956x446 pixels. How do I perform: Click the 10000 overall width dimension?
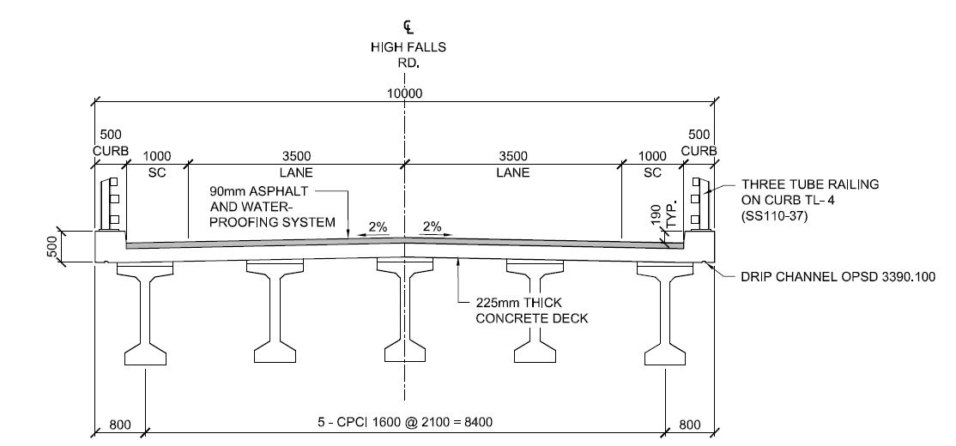pyautogui.click(x=403, y=93)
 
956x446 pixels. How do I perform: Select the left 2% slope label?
pyautogui.click(x=378, y=227)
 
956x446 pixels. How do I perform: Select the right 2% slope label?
pyautogui.click(x=431, y=227)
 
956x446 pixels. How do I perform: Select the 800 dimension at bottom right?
pyautogui.click(x=689, y=423)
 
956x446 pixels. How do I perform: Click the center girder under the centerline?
pyautogui.click(x=404, y=317)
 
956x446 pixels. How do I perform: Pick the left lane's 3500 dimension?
pyautogui.click(x=295, y=156)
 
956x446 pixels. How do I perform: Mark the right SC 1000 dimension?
pyautogui.click(x=653, y=164)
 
